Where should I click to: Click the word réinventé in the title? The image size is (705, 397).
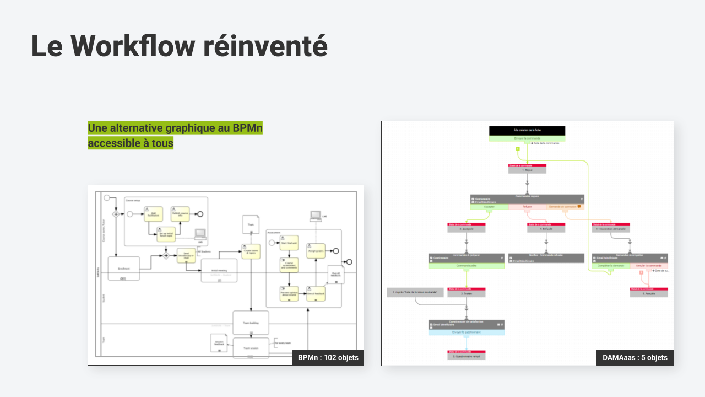pyautogui.click(x=265, y=46)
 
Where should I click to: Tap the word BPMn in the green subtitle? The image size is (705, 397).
pyautogui.click(x=247, y=128)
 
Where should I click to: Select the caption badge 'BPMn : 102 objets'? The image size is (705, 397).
pyautogui.click(x=328, y=357)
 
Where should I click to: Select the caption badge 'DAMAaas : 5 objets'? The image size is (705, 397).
pyautogui.click(x=635, y=357)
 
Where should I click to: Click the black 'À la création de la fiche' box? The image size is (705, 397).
pyautogui.click(x=527, y=131)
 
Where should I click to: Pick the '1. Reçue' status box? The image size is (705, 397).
pyautogui.click(x=527, y=170)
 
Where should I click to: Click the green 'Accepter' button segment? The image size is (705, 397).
pyautogui.click(x=489, y=207)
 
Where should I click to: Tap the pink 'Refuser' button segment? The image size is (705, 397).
pyautogui.click(x=527, y=207)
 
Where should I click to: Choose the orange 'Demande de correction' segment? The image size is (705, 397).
pyautogui.click(x=565, y=207)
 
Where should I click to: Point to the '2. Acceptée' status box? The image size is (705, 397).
pyautogui.click(x=467, y=229)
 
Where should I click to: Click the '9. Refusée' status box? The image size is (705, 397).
pyautogui.click(x=546, y=229)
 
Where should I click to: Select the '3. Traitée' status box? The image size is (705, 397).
pyautogui.click(x=467, y=294)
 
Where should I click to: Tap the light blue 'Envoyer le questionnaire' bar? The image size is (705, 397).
pyautogui.click(x=467, y=332)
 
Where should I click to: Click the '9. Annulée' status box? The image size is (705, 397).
pyautogui.click(x=649, y=294)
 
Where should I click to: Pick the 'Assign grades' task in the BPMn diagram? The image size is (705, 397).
pyautogui.click(x=316, y=250)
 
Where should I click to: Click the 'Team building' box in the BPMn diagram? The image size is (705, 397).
pyautogui.click(x=251, y=323)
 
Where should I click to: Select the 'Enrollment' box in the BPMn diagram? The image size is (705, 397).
pyautogui.click(x=124, y=269)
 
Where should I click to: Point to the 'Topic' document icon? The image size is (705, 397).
pyautogui.click(x=251, y=224)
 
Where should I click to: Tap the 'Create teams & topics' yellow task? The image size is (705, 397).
pyautogui.click(x=251, y=251)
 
